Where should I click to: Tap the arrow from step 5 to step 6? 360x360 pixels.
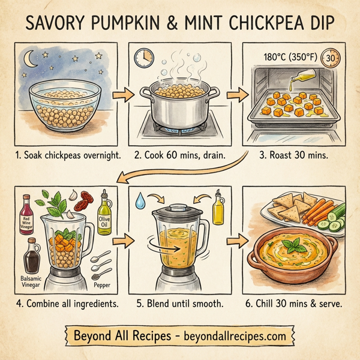[233, 242]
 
